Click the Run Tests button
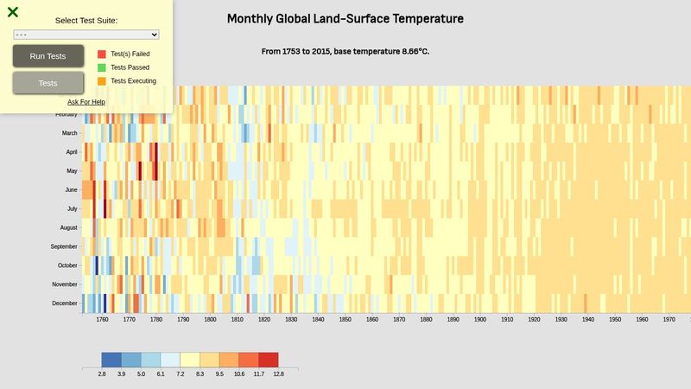point(48,56)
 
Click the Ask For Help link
point(86,102)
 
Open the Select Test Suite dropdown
point(86,35)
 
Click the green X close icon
point(13,12)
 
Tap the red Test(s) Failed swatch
point(102,54)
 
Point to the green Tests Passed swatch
point(102,67)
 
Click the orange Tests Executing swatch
point(102,81)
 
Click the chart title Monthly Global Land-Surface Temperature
point(345,19)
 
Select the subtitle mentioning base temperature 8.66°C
point(345,51)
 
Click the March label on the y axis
point(69,133)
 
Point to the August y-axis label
point(68,228)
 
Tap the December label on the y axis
point(65,303)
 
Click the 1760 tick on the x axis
point(102,320)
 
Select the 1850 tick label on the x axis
point(345,320)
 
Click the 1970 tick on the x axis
point(669,320)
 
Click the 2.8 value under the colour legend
point(102,374)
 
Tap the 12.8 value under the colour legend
point(278,374)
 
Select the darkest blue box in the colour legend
point(111,360)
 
